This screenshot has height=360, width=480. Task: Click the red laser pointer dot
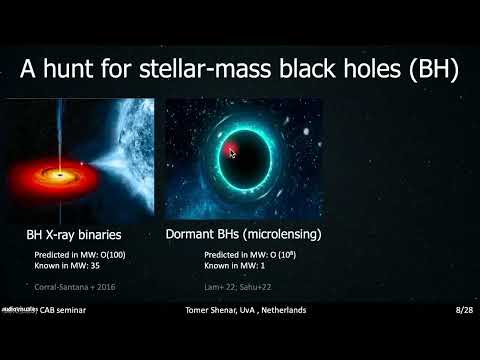click(x=231, y=152)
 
